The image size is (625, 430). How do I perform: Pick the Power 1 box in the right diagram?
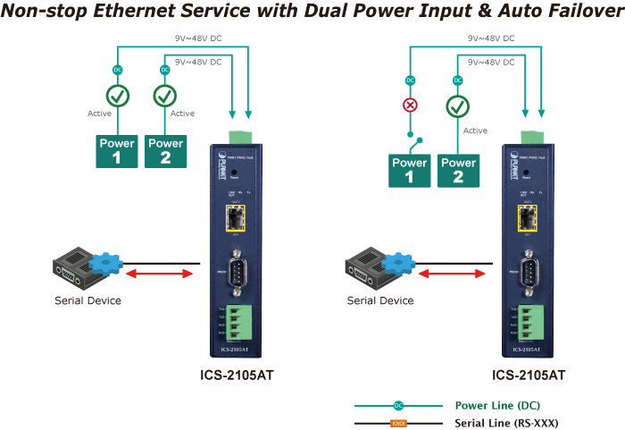point(410,169)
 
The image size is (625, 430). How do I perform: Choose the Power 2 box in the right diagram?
point(458,169)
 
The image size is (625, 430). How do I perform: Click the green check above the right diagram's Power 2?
point(458,107)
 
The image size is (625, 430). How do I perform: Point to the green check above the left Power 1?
point(117,96)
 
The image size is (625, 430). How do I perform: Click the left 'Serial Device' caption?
point(88,300)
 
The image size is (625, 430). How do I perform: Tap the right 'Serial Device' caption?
point(380,300)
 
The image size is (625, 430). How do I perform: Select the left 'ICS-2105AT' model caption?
point(237,375)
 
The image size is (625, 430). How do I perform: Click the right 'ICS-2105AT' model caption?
point(529,375)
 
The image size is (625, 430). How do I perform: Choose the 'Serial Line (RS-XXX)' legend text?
point(506,422)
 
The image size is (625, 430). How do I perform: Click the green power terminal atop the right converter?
point(531,136)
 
